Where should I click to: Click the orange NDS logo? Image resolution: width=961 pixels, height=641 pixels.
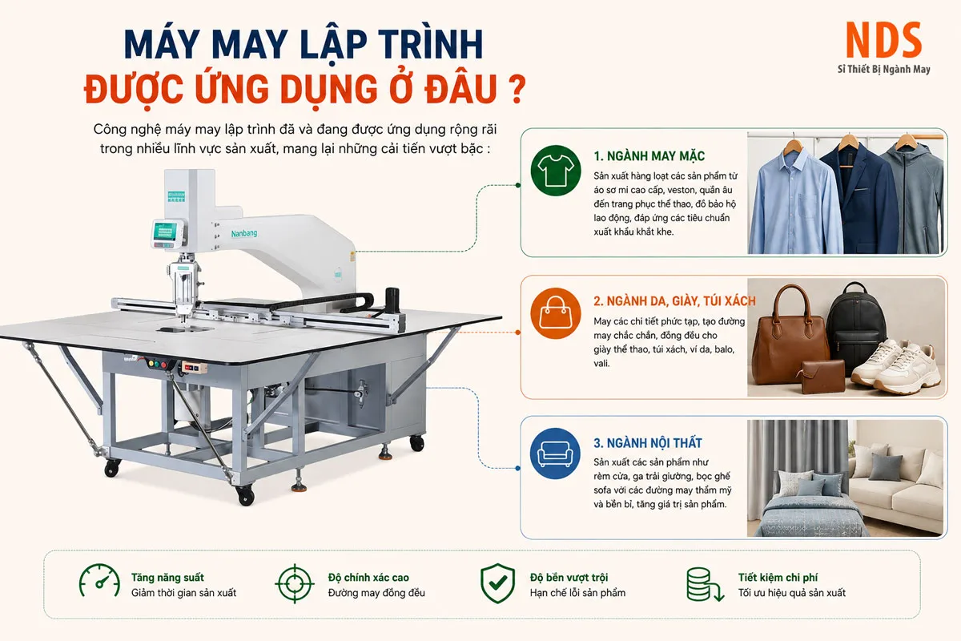883,40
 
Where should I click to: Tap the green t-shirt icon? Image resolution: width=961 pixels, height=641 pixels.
556,171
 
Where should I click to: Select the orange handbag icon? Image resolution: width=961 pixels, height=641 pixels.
556,313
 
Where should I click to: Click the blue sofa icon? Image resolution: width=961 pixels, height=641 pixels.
556,454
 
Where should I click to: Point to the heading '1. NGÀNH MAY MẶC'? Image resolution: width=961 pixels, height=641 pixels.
649,156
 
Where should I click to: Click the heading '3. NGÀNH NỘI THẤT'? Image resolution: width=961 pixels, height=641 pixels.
648,443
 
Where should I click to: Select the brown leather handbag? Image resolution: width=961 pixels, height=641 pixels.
790,335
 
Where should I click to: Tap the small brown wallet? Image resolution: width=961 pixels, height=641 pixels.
823,377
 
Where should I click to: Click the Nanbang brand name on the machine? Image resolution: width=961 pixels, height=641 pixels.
244,233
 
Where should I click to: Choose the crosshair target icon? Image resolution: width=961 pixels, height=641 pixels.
295,583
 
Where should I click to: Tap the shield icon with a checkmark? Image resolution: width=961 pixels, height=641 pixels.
497,583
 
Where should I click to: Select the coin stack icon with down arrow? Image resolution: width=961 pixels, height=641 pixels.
705,584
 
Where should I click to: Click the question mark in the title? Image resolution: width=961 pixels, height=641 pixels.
518,89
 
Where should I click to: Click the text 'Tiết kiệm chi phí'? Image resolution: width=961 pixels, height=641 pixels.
778,578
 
